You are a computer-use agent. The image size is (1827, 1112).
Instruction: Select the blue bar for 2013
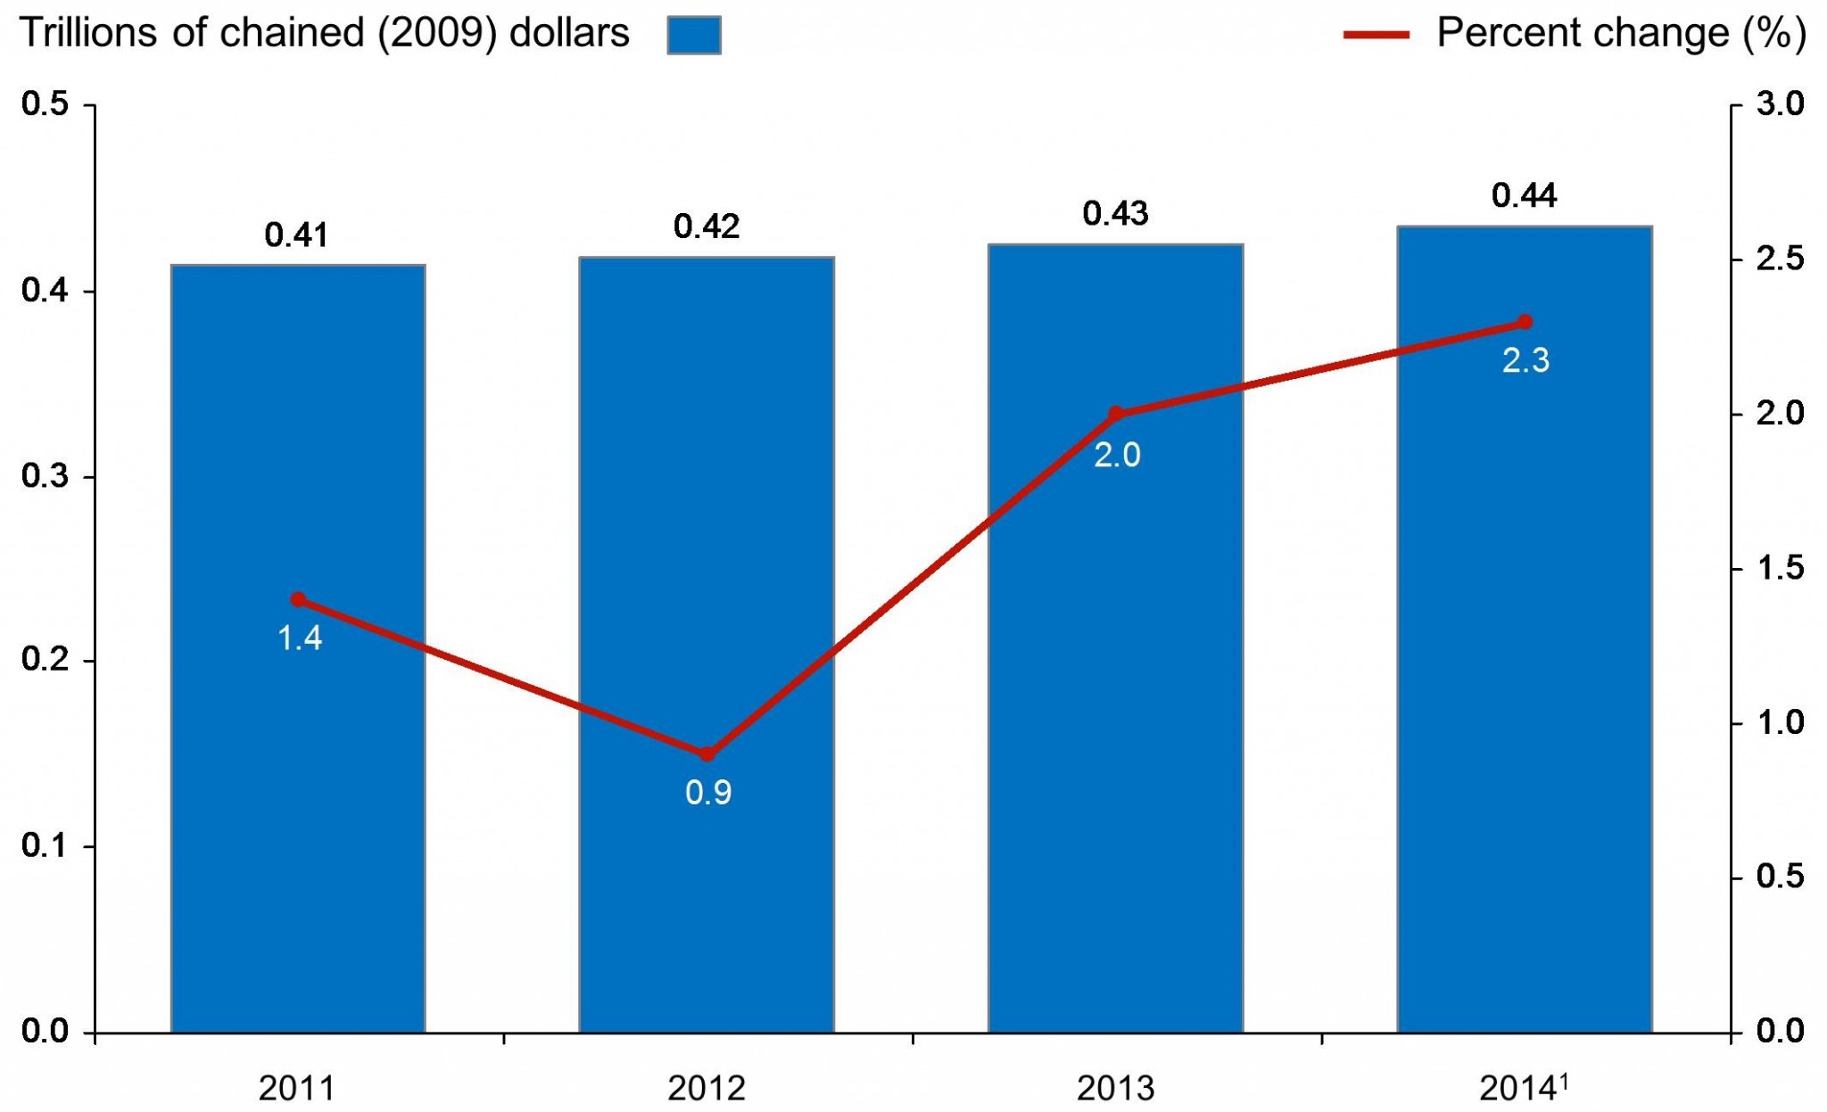(1115, 713)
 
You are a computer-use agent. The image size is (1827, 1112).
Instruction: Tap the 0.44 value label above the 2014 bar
(1524, 195)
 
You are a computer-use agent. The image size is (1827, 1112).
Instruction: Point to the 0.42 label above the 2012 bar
(707, 227)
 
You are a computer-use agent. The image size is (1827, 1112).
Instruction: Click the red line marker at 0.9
(707, 754)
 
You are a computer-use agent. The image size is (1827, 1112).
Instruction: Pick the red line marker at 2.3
(1525, 322)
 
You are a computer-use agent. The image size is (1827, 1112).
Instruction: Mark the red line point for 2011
(299, 599)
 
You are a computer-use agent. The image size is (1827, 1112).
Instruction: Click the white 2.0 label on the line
(1117, 455)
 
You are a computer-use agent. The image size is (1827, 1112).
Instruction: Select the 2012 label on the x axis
(707, 1088)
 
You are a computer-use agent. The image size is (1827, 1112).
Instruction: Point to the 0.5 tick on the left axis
(45, 104)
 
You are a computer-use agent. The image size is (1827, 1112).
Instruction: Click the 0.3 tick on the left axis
(45, 476)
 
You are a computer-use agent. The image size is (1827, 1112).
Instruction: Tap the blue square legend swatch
(694, 36)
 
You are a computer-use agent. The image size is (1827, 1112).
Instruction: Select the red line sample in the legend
(1376, 35)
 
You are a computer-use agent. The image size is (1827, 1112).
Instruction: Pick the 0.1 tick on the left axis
(45, 846)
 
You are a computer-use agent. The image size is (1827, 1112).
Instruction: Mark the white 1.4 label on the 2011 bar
(300, 638)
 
